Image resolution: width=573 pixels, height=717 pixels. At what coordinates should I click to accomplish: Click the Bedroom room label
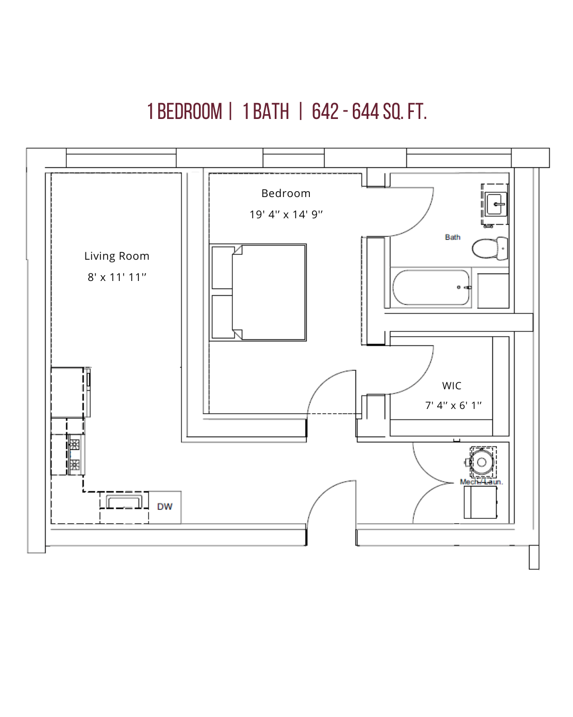coord(286,193)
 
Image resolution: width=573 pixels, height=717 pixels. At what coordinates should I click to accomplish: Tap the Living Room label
coord(117,256)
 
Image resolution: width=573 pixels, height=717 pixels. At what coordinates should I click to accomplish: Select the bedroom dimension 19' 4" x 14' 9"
coord(286,215)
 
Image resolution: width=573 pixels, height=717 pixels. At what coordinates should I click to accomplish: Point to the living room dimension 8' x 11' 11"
coord(117,277)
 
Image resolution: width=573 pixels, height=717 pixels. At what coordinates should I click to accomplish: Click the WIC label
coord(452,386)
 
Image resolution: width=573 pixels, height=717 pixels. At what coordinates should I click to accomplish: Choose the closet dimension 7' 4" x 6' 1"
coord(453,405)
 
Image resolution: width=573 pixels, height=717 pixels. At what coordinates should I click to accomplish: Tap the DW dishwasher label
coord(165,507)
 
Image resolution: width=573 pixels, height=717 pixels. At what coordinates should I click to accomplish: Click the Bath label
coord(453,237)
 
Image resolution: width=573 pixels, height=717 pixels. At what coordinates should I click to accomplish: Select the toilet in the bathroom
coord(489,249)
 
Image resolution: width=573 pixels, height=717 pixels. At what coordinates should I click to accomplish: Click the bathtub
coord(431,287)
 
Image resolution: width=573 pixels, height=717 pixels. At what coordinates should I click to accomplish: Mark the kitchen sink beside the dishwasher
coord(124,501)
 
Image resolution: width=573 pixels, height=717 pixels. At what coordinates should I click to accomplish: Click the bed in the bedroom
coord(268,292)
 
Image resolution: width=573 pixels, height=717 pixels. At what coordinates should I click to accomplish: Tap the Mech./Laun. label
coord(481,482)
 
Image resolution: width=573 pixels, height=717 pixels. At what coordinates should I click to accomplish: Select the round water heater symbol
coord(482,462)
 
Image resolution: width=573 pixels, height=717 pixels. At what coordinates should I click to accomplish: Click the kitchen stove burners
coord(75,455)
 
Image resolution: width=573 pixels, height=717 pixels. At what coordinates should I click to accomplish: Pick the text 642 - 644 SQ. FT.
coord(369,112)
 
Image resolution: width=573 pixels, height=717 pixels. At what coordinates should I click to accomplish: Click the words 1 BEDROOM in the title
coord(185,112)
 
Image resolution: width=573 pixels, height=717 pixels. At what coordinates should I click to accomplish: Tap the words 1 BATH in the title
coord(266,112)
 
